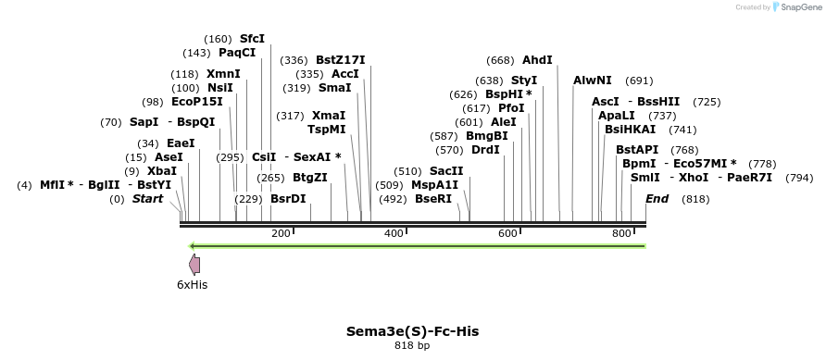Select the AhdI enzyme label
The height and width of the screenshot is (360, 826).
537,60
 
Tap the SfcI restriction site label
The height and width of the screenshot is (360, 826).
252,39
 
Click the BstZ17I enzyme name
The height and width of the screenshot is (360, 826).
341,60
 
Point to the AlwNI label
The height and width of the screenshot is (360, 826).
593,81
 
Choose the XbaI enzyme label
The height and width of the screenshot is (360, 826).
162,171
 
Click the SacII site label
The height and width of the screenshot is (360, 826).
446,171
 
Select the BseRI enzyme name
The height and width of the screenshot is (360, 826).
433,198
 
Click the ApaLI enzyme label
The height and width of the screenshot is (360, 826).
617,116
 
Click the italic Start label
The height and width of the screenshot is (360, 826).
147,199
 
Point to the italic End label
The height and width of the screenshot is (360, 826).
657,199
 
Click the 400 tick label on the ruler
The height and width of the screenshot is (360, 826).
394,233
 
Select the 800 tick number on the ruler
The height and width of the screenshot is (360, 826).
622,233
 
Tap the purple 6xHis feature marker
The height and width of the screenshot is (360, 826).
194,264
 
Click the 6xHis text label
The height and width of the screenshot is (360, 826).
192,285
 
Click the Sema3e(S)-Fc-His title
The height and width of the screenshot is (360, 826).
412,330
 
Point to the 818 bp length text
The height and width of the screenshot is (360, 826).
412,346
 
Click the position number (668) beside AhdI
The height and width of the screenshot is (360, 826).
500,60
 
